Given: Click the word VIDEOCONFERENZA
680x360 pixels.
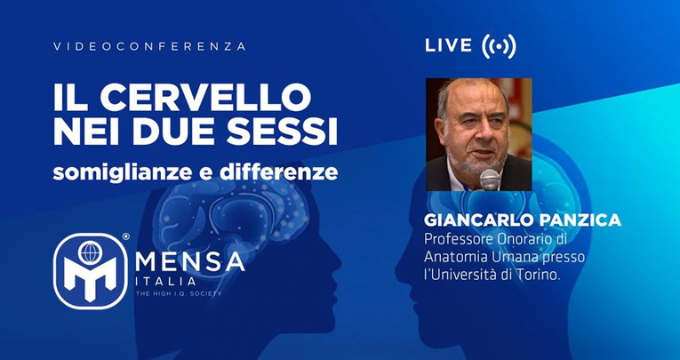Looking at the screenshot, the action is click(149, 46).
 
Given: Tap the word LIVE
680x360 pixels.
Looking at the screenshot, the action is click(448, 45).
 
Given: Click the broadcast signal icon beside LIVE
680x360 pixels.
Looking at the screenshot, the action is click(499, 46).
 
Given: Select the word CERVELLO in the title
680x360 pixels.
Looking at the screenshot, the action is click(205, 97).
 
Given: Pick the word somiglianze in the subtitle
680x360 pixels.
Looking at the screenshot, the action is click(123, 172).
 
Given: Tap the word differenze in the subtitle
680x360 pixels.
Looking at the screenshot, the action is click(278, 172).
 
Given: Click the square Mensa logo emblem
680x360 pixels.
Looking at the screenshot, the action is click(90, 271).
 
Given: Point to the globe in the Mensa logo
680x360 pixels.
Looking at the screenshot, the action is click(90, 252).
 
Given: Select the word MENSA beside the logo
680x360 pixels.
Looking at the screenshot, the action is click(190, 261).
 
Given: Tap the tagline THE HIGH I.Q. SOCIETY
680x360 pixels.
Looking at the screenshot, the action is click(179, 293).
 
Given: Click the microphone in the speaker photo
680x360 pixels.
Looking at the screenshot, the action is click(490, 180).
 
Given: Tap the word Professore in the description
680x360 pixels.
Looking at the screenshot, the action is click(458, 239).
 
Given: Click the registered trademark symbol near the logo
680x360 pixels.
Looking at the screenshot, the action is click(125, 236).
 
